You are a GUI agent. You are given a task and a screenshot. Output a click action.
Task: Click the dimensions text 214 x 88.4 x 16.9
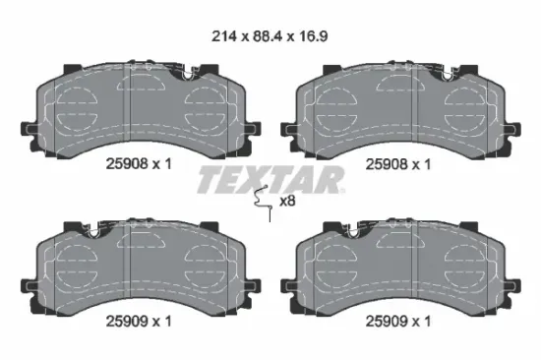270,36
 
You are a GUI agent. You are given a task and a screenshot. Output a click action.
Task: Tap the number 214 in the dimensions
224,36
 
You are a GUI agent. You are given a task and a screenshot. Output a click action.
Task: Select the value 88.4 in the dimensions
269,36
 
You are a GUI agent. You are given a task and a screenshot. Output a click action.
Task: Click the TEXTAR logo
270,179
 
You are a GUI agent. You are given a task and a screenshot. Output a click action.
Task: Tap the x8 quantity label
287,201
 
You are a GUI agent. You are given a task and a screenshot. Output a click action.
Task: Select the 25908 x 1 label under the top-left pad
139,164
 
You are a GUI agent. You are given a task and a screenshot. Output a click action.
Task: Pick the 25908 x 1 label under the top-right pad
398,164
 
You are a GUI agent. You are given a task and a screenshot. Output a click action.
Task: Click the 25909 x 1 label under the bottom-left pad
139,322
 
